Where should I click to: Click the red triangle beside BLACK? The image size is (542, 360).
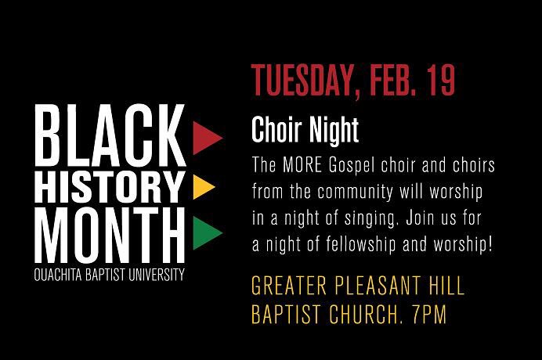[205, 138]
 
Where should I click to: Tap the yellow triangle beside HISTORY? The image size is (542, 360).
[202, 185]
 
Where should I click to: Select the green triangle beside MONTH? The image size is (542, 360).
[204, 231]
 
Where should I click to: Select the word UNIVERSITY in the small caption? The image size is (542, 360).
[157, 275]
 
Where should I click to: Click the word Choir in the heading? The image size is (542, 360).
[277, 131]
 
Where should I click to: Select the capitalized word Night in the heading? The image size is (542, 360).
[334, 131]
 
